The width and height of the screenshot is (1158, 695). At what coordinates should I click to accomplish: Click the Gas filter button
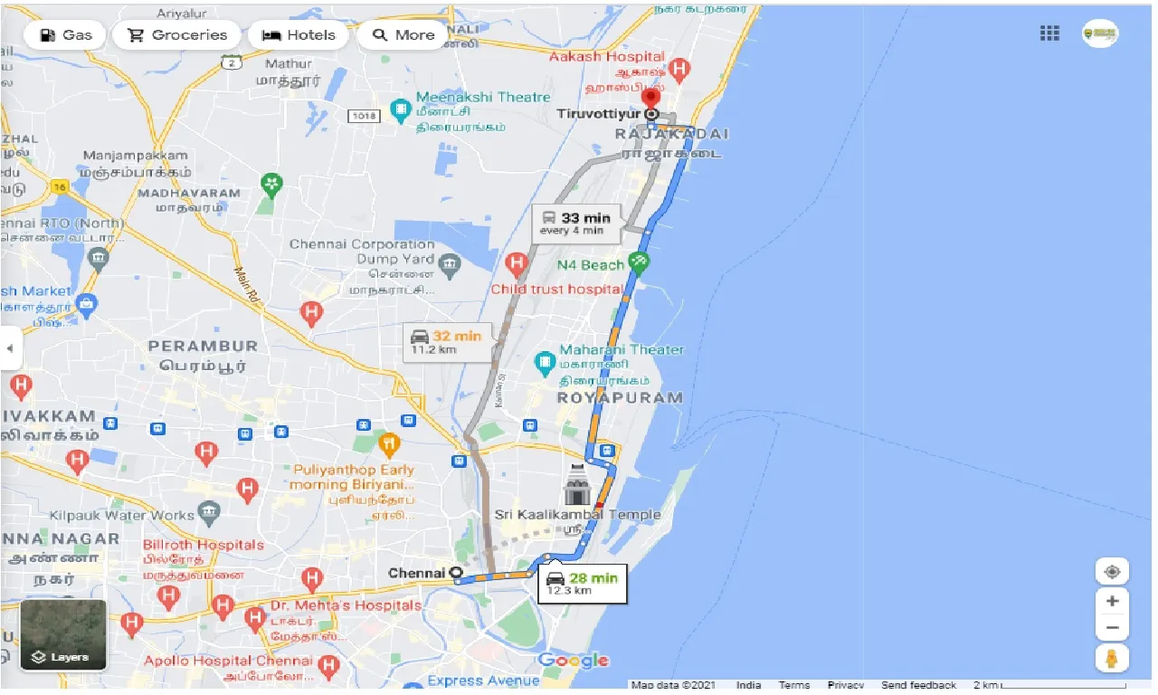click(x=64, y=35)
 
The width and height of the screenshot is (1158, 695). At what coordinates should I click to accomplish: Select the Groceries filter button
click(x=176, y=35)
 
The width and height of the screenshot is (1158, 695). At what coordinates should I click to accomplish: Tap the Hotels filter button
click(x=299, y=35)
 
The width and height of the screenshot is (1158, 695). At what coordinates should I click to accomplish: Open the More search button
click(x=403, y=35)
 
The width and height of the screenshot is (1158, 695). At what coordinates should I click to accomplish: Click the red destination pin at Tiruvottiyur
click(x=650, y=98)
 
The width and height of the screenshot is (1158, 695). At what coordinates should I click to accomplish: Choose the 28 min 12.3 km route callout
click(x=584, y=584)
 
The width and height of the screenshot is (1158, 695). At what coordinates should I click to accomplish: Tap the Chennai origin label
click(x=417, y=573)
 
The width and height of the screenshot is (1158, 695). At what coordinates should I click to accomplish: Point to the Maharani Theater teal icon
click(x=545, y=365)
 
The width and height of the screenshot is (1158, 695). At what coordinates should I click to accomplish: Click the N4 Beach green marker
click(x=640, y=263)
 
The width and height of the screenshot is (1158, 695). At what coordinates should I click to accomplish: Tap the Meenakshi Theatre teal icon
click(x=400, y=110)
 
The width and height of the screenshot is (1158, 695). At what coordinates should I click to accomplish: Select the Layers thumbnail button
click(x=63, y=635)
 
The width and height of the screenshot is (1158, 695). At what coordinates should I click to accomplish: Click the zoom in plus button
click(x=1112, y=601)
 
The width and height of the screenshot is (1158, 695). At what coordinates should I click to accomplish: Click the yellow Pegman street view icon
click(x=1112, y=657)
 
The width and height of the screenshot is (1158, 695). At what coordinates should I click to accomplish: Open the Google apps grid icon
click(x=1049, y=33)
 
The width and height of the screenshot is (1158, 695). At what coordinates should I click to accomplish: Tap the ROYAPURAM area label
click(x=620, y=398)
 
